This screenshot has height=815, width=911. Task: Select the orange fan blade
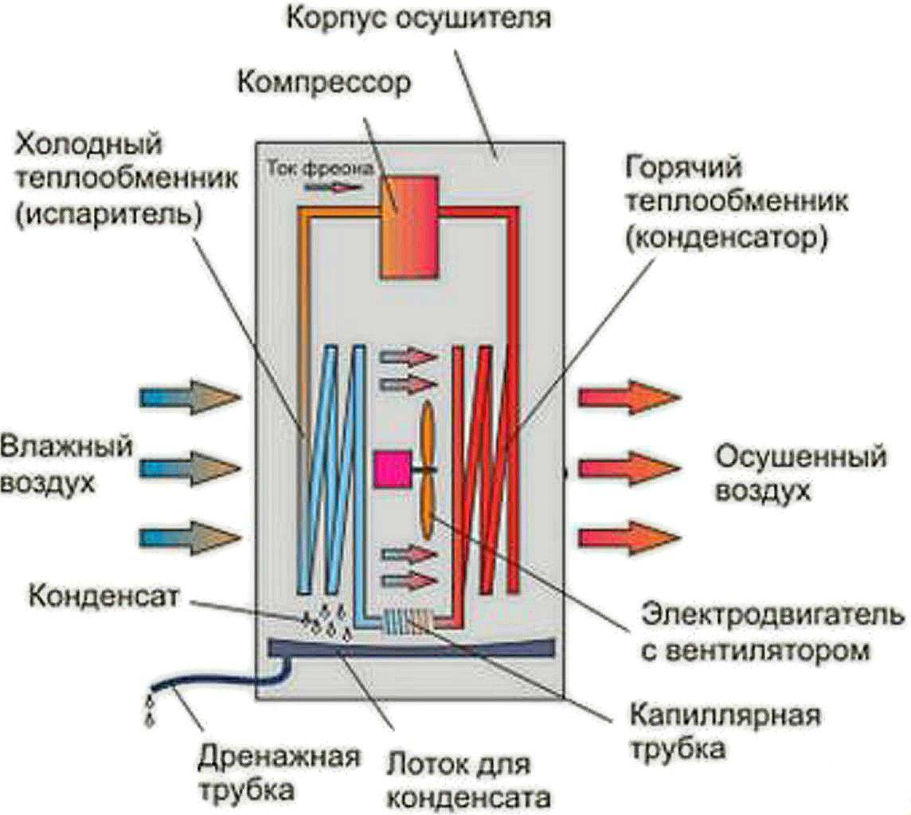(427, 470)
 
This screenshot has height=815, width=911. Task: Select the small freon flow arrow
(330, 188)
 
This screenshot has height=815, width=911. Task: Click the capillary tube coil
(408, 621)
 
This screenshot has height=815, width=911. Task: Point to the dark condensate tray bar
(410, 648)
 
